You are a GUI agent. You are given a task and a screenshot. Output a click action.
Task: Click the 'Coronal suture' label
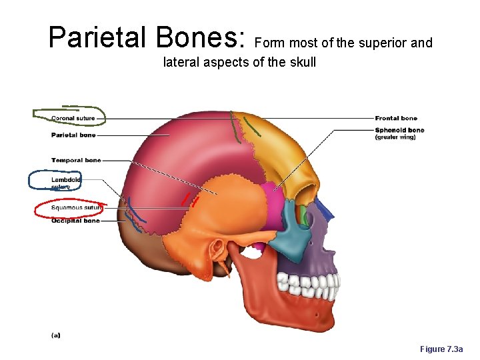[73, 119]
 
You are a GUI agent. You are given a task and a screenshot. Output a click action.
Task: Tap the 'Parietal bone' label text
[73, 135]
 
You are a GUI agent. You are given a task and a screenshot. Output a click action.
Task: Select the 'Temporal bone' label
[76, 160]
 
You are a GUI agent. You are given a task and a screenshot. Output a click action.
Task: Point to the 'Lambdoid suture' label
[65, 183]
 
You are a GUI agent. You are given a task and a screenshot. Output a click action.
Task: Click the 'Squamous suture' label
[76, 207]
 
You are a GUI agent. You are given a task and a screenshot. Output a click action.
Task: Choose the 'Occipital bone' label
[75, 221]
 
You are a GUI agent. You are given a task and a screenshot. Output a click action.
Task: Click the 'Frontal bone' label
[396, 119]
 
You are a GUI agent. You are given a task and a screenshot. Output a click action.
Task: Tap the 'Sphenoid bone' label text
[399, 130]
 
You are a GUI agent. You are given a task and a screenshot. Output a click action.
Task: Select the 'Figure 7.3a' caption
[445, 349]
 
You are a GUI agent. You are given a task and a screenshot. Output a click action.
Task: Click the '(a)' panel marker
[55, 335]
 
